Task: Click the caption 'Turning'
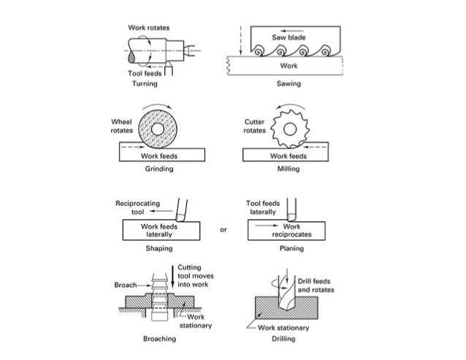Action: pos(144,84)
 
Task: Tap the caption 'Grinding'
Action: pos(158,169)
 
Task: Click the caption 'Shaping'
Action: pos(158,248)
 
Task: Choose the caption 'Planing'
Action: pos(289,248)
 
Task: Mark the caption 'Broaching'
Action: pos(158,340)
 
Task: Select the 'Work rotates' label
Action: pos(148,27)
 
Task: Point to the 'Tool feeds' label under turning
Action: pos(145,74)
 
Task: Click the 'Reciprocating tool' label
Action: pos(132,207)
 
